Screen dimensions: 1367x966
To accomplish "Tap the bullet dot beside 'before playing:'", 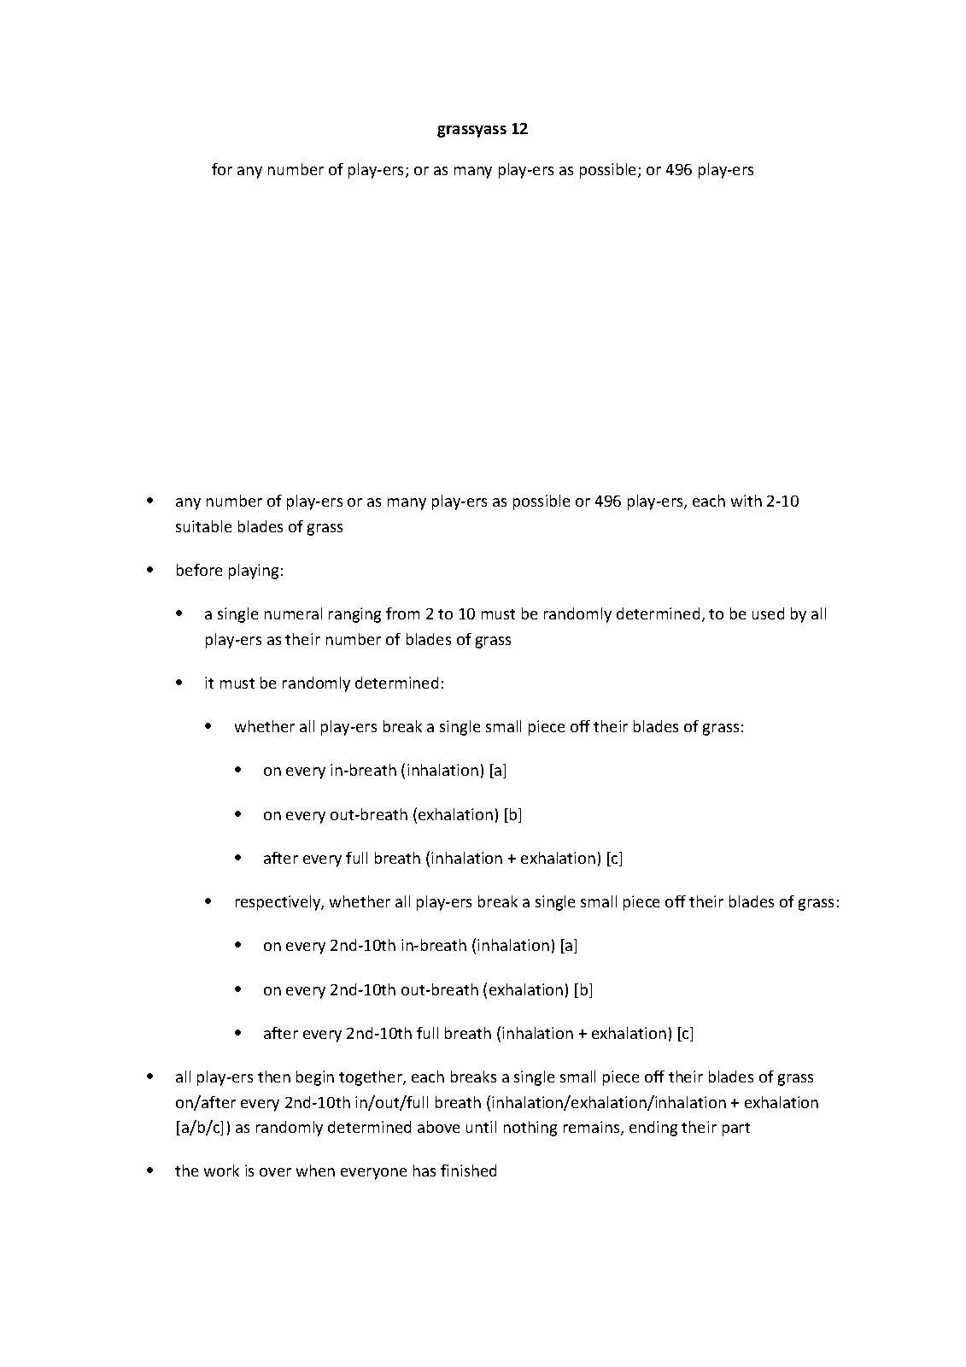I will click(151, 569).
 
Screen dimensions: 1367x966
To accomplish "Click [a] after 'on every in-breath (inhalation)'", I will click(498, 770).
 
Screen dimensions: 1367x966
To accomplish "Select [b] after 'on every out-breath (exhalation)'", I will click(512, 814).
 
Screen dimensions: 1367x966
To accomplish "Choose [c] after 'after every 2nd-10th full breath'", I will click(685, 1033).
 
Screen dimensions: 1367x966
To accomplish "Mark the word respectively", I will click(278, 901).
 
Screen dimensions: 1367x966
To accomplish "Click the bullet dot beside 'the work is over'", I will click(151, 1170).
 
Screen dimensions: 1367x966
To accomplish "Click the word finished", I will click(468, 1170).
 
